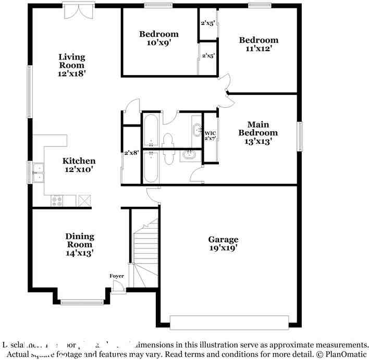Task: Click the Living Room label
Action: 72,65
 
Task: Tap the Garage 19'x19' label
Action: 223,244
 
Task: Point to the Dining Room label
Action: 80,244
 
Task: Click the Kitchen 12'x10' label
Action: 79,165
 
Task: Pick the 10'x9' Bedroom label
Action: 158,39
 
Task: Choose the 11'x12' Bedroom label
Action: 259,44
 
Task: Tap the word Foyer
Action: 116,276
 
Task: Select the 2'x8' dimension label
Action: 130,153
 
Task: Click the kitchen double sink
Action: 38,172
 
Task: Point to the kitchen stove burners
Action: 57,201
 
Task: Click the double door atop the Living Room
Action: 79,10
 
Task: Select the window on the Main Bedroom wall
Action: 300,135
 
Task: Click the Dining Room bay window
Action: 82,301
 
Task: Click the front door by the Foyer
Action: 118,287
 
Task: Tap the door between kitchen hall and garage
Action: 153,194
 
